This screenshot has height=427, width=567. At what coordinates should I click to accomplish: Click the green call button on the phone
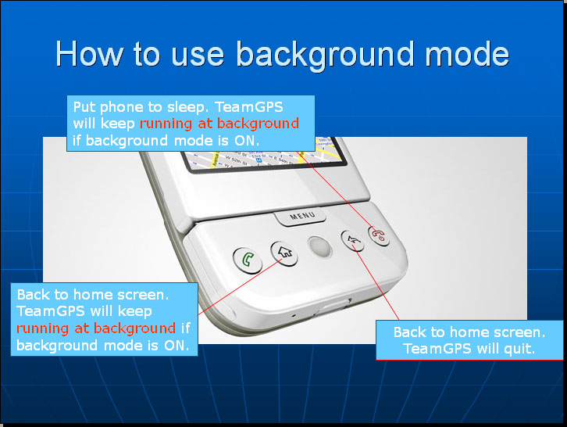point(248,260)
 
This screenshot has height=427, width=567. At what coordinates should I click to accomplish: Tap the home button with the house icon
point(284,253)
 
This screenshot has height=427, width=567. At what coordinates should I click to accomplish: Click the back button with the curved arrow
point(353,240)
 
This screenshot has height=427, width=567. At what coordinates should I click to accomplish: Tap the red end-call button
point(379,235)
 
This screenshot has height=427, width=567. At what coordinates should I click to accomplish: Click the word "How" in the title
point(89,54)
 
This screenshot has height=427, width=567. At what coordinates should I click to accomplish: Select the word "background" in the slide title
point(325,55)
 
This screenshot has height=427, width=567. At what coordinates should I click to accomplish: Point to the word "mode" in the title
point(467,54)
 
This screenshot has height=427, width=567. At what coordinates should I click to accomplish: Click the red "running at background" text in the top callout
point(219,124)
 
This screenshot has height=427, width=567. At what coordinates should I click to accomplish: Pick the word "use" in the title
point(198,56)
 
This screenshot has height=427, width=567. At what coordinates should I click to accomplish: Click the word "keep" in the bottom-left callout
point(134,312)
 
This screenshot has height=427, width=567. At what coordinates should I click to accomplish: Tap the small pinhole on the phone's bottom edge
point(294,316)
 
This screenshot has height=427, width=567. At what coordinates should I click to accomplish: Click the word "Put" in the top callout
point(84,107)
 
